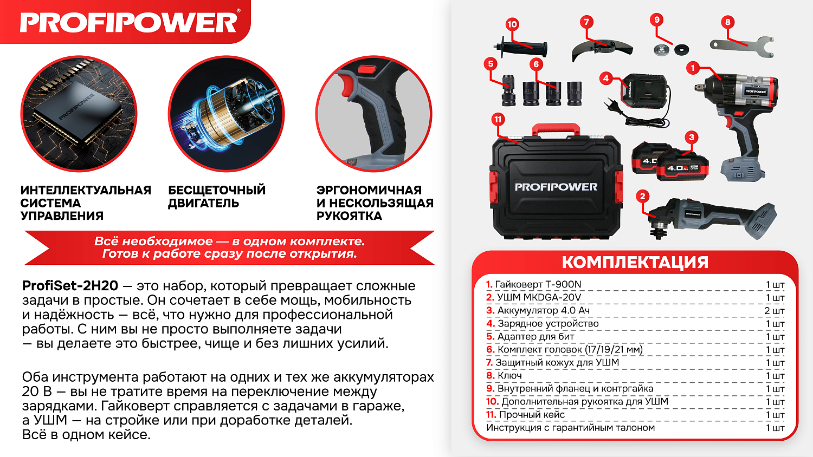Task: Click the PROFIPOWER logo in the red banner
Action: click(128, 23)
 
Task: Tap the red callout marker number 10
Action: click(512, 24)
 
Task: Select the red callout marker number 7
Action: click(586, 22)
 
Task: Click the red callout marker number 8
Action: click(727, 22)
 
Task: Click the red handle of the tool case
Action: click(556, 129)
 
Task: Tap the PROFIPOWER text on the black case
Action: click(556, 187)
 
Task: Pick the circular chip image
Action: click(79, 114)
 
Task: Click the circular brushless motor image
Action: click(227, 114)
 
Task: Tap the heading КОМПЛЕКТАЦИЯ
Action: click(635, 263)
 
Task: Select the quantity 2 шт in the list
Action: click(774, 311)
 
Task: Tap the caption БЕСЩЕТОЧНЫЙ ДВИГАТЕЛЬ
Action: click(216, 197)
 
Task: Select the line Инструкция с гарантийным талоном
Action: click(570, 428)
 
